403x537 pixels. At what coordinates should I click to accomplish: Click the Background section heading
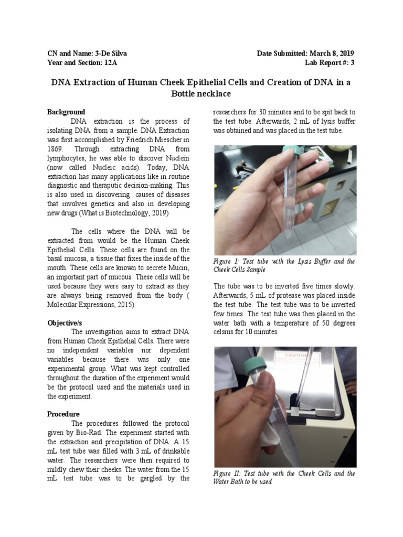coord(66,112)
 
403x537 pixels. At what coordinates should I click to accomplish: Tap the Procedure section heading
coord(63,414)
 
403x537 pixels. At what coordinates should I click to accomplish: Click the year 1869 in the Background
coord(56,148)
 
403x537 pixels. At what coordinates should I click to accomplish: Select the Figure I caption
coord(284,265)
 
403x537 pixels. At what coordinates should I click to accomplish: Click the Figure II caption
coord(284,477)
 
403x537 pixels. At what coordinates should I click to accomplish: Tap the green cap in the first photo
coord(288,151)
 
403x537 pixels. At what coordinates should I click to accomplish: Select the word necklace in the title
coord(209,94)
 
